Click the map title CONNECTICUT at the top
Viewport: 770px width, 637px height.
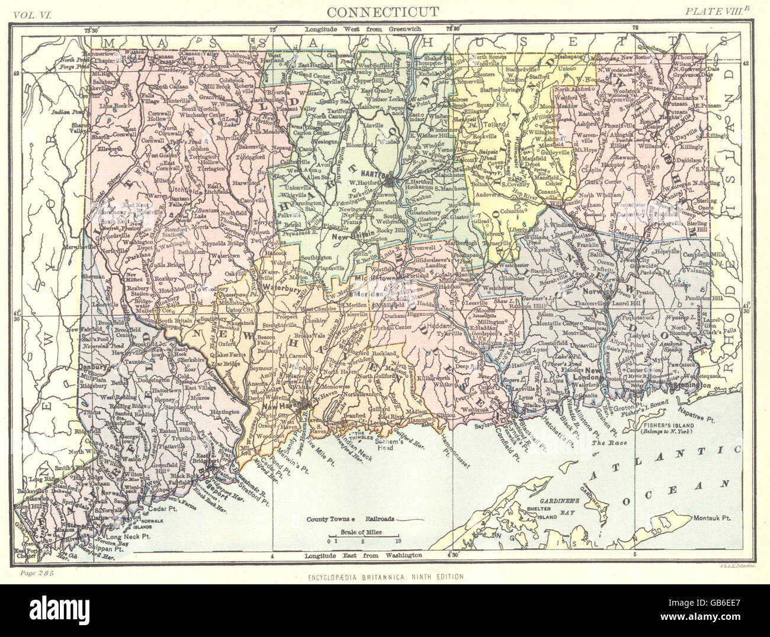[x=383, y=12]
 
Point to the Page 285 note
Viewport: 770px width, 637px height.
[x=36, y=574]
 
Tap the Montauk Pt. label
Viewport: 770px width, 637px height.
[x=713, y=517]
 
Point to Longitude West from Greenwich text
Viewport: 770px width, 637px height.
[x=363, y=29]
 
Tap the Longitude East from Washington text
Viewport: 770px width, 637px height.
[x=363, y=556]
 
